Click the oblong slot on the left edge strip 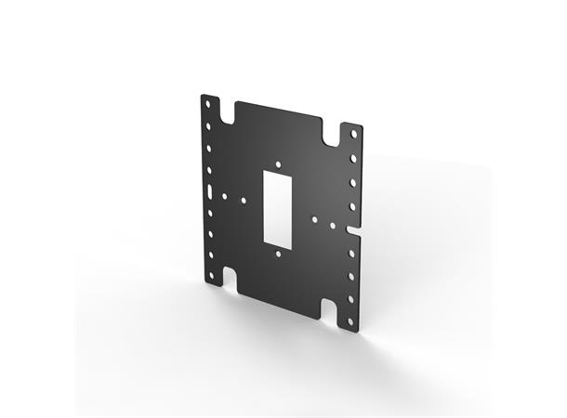point(209,190)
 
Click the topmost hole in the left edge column point(207,103)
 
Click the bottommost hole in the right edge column point(350,321)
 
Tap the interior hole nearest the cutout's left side point(244,199)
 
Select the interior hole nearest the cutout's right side point(315,220)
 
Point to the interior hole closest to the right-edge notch point(332,224)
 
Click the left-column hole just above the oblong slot point(209,168)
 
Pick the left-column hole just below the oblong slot point(210,213)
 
